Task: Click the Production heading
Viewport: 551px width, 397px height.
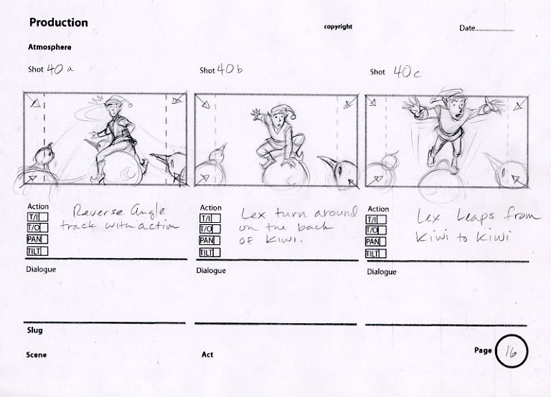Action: [59, 22]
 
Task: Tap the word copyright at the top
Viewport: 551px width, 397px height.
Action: [338, 27]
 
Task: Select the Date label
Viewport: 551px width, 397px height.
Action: [467, 28]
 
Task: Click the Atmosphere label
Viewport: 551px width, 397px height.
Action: [50, 47]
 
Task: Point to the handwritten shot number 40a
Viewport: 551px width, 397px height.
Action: [60, 69]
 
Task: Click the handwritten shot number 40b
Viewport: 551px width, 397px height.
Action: [230, 69]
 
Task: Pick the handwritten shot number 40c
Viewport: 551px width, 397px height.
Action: [407, 72]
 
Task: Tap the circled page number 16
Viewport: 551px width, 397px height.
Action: [512, 351]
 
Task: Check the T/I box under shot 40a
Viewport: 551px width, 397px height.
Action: [37, 217]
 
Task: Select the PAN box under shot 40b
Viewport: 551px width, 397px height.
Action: [209, 241]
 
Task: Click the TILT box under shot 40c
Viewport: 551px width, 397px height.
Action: [376, 254]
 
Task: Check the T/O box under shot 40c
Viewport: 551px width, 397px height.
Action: [376, 230]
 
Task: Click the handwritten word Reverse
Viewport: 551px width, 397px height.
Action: [98, 211]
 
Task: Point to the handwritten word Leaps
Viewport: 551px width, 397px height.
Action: [476, 217]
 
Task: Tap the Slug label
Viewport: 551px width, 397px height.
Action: [34, 330]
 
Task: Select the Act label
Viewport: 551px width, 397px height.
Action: [207, 355]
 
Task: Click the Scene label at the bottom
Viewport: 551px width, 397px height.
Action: [36, 355]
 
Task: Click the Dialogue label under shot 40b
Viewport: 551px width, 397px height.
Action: [211, 271]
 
